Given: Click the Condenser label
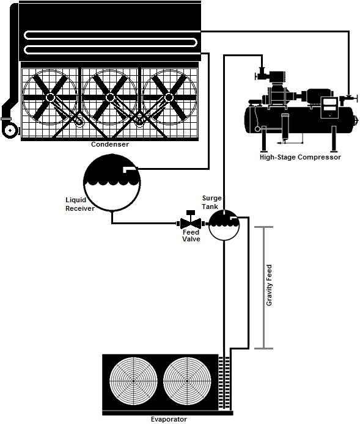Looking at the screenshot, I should (109, 145).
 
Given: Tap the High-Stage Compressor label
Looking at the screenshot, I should (300, 157).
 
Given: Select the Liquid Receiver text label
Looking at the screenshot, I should (79, 204).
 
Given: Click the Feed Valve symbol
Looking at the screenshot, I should (191, 222).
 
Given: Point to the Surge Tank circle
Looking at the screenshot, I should (224, 225).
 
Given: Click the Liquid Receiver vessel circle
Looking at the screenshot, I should (112, 181).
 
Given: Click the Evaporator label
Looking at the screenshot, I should (169, 419).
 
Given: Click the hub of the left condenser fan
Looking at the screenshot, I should (50, 97).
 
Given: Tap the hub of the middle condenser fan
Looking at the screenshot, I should (110, 97).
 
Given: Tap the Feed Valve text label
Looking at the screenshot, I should (191, 236).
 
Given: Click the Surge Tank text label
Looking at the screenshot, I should (211, 202).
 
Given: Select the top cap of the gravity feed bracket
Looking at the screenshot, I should (263, 227).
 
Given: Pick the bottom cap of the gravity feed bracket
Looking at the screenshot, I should (263, 348).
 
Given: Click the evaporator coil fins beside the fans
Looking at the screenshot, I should (224, 382).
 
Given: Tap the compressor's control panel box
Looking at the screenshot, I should (329, 107).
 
